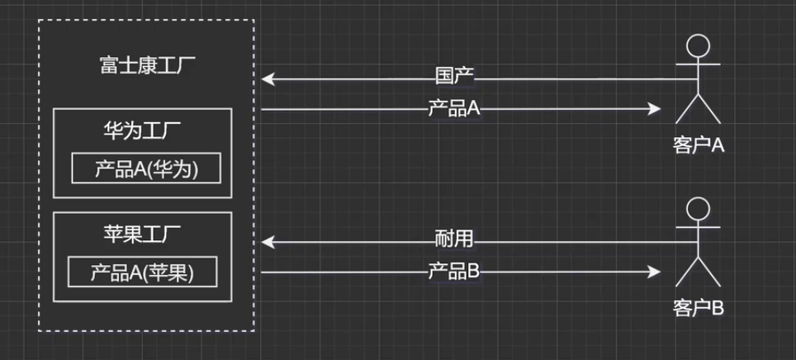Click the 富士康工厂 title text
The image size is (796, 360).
146,65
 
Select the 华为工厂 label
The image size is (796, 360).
142,130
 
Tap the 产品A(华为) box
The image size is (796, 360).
146,168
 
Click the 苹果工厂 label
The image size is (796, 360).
142,234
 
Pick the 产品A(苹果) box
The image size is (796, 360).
142,272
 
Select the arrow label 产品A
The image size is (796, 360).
453,108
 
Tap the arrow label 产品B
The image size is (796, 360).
453,271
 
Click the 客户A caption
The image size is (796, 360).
698,146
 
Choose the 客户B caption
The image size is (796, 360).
698,309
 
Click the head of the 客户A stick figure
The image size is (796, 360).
699,45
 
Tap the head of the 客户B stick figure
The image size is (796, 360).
699,208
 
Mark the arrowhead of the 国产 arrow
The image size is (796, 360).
268,78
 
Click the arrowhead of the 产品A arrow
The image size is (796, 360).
656,109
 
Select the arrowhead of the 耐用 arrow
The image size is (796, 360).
268,241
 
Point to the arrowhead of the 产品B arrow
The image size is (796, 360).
656,272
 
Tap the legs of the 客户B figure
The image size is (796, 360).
699,274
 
